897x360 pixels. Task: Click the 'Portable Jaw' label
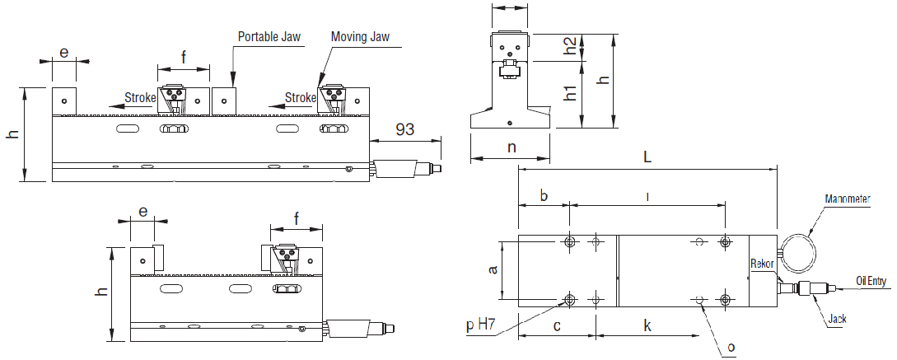[269, 36]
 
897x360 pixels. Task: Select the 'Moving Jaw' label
[361, 36]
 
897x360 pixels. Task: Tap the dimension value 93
[404, 130]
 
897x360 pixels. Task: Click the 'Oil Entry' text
[871, 281]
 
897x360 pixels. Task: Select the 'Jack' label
[837, 320]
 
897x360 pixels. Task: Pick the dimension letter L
[647, 157]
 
